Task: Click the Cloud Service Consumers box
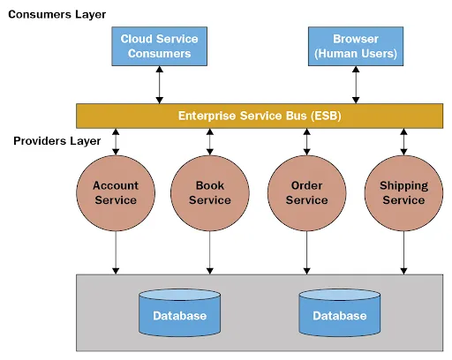coord(159,46)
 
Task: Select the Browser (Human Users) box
coord(356,46)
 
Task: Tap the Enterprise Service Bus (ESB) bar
coord(259,116)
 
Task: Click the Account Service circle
coord(115,192)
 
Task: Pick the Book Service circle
coord(209,192)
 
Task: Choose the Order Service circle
coord(306,192)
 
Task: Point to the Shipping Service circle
coord(403,192)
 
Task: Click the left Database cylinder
coord(179,312)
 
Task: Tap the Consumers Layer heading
coord(56,14)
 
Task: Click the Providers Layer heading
coord(54,141)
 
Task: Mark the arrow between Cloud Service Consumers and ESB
coord(159,85)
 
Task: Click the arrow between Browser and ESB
coord(356,85)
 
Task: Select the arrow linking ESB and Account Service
coord(115,141)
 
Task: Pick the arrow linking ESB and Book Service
coord(209,141)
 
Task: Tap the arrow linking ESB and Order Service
coord(306,141)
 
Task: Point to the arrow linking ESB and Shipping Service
coord(403,141)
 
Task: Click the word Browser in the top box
coord(356,39)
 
